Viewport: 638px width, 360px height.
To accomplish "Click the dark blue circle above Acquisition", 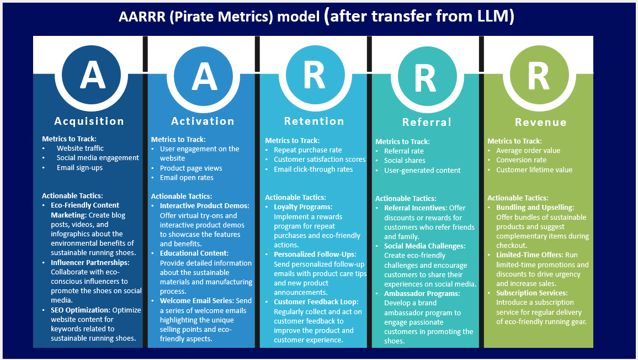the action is (x=92, y=76).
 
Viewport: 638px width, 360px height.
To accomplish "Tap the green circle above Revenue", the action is (x=540, y=76).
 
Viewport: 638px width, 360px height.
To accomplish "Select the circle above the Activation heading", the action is (x=204, y=76).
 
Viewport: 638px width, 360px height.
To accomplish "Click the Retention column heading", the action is (x=314, y=121).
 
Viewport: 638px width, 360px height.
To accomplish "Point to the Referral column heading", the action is (x=427, y=122).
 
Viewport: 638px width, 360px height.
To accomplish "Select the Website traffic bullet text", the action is (x=80, y=148).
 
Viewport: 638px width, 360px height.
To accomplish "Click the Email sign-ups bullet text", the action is (x=79, y=167).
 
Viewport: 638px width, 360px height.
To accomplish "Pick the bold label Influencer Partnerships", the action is (x=90, y=263).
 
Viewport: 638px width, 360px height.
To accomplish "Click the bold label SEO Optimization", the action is (x=81, y=310).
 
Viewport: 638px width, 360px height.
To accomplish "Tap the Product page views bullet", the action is (x=191, y=168).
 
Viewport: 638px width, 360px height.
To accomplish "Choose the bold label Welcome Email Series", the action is (x=197, y=300).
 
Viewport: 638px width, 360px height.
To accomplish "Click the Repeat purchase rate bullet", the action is (x=307, y=150).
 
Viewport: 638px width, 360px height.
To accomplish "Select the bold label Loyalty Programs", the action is (x=303, y=207).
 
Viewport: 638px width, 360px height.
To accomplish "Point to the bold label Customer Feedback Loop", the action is (x=316, y=302).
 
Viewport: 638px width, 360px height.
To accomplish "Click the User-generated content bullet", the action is (x=422, y=170).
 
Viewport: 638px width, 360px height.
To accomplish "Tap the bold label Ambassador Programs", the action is (x=422, y=294).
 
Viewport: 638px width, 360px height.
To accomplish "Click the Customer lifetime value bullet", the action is (x=534, y=170).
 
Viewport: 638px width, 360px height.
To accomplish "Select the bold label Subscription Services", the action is (x=532, y=293).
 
